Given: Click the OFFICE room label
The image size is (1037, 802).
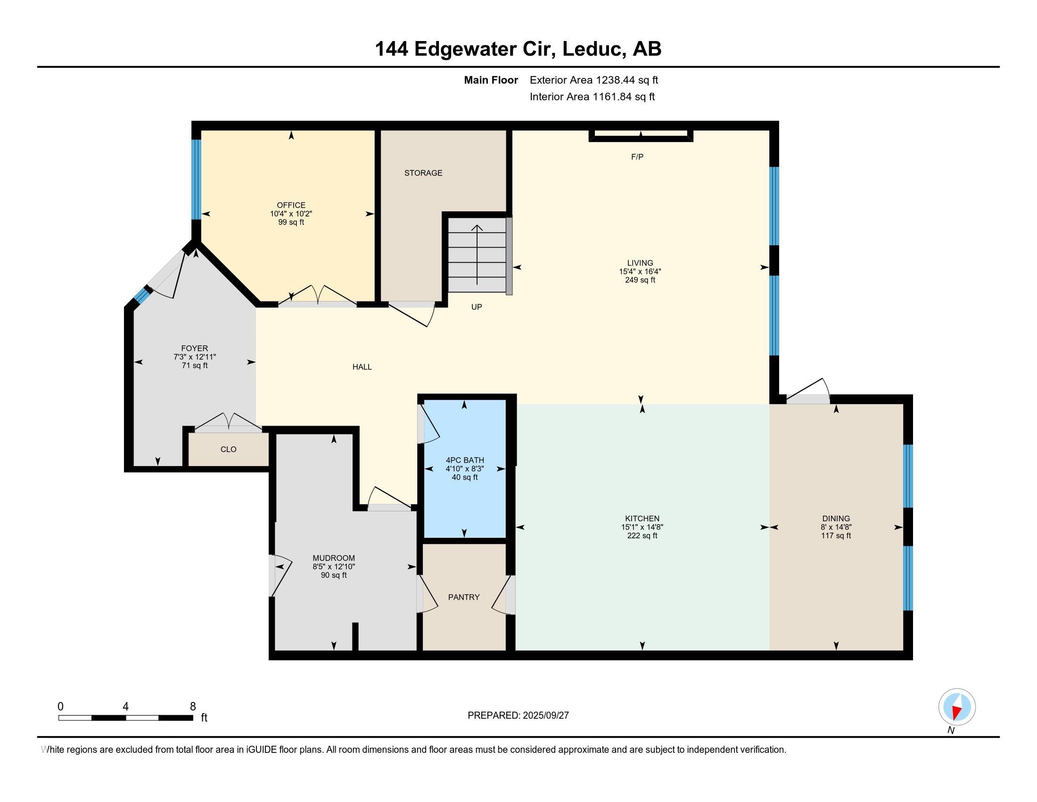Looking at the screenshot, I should click(291, 205).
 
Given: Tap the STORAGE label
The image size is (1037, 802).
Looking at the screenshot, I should click(423, 173).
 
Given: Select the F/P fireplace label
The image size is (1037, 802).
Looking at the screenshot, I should click(637, 157).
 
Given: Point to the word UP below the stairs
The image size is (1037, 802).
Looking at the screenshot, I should click(477, 307).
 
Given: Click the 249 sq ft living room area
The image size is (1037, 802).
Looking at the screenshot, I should click(640, 280).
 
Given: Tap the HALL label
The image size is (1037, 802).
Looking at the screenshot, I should click(362, 367).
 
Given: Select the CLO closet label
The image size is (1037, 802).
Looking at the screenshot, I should click(229, 450).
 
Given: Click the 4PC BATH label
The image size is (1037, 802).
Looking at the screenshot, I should click(465, 460).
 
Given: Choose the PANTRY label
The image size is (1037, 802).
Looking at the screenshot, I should click(464, 597).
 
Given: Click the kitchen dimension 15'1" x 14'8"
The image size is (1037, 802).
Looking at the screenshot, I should click(642, 527).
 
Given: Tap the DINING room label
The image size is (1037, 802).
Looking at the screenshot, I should click(836, 518).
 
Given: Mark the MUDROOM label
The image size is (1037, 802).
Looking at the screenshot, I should click(334, 558).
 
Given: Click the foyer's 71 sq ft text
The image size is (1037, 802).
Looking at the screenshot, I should click(195, 365).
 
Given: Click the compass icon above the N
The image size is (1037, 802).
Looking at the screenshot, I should click(957, 707).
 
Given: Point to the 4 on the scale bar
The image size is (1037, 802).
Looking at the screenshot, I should click(125, 707).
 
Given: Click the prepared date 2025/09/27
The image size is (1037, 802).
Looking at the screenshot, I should click(545, 716).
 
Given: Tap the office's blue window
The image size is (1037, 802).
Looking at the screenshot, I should click(196, 179).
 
